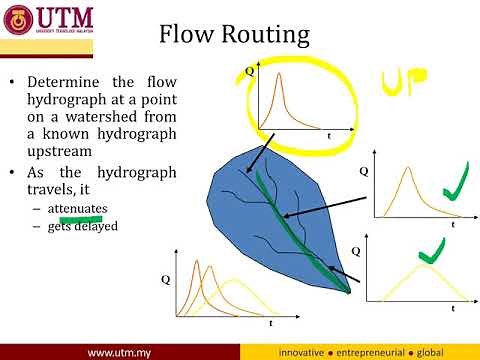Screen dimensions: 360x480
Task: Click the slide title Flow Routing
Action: (234, 36)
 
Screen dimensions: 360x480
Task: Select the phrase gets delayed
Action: (81, 226)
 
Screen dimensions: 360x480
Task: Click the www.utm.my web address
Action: (120, 353)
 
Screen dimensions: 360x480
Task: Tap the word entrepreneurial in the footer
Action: (381, 353)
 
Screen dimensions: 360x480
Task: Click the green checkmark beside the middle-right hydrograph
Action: (455, 186)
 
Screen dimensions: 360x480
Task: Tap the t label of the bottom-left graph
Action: (270, 324)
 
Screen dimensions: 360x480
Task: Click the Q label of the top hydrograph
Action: (249, 72)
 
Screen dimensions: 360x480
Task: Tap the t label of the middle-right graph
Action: (452, 226)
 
